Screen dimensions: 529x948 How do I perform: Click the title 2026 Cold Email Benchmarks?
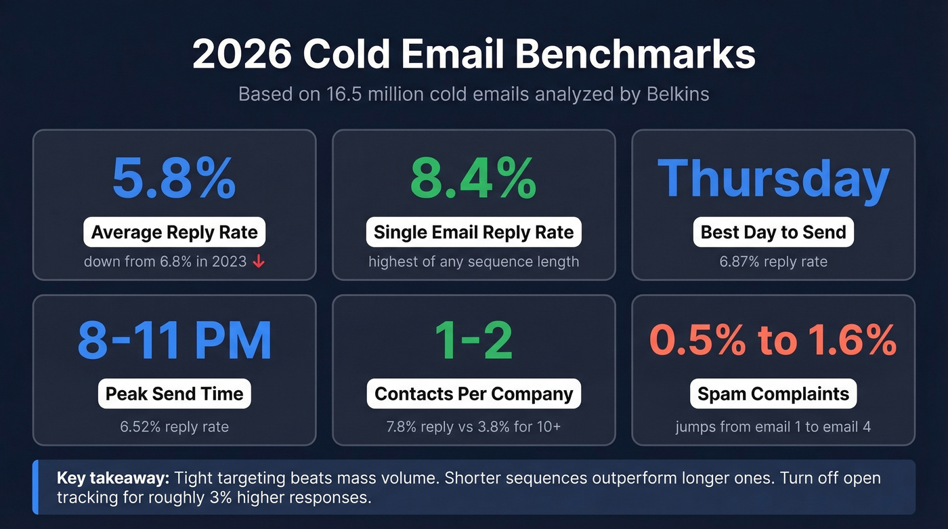[473, 54]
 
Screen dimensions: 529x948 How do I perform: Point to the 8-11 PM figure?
[174, 340]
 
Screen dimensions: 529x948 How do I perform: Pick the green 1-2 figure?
[473, 340]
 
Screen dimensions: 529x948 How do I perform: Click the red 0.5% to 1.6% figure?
[773, 340]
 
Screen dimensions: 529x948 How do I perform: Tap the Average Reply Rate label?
[174, 232]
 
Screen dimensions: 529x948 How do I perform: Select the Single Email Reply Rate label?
[473, 232]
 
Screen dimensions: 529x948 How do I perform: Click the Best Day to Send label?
[773, 232]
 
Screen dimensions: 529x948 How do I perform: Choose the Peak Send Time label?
[174, 394]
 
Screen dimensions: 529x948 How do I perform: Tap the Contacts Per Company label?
[473, 394]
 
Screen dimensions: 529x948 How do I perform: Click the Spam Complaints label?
[773, 394]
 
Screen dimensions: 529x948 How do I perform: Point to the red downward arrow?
[258, 261]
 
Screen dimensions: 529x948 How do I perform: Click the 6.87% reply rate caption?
[773, 261]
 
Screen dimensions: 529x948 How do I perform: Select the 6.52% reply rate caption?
[174, 427]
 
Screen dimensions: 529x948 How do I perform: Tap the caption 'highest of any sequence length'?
[473, 261]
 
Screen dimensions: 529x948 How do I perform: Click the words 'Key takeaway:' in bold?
[112, 478]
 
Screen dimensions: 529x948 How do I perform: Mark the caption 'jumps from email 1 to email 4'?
[773, 427]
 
